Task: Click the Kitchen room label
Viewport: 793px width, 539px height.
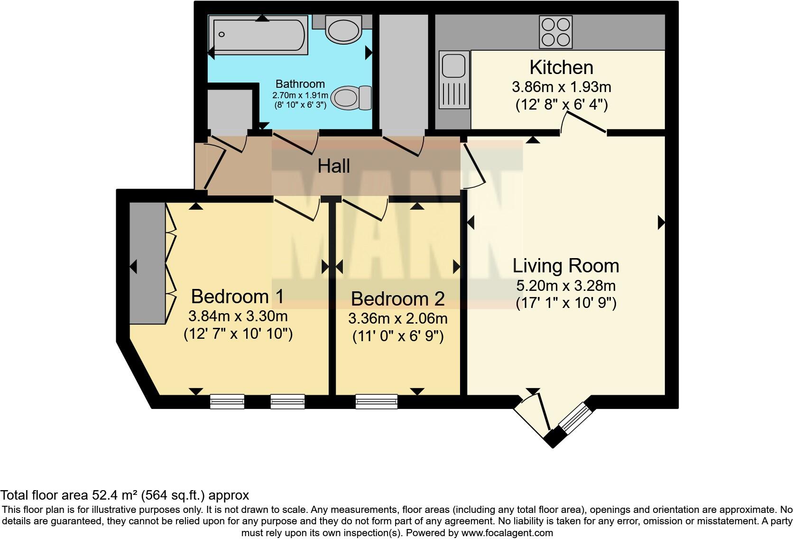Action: tap(561, 67)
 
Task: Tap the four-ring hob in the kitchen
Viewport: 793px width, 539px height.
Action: tap(555, 32)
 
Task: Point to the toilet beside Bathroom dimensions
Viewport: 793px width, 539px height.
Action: tap(351, 98)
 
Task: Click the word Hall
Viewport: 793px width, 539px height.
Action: tap(333, 166)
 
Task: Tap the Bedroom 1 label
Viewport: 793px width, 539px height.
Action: tap(237, 297)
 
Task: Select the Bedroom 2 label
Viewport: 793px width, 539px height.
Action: tap(397, 299)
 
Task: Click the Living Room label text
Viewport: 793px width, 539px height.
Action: tap(565, 266)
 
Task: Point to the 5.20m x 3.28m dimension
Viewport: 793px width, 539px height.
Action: tap(565, 286)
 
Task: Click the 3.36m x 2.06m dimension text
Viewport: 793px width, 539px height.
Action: tap(397, 318)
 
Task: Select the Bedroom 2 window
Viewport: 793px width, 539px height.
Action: tap(377, 401)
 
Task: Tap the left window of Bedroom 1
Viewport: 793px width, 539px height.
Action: tap(227, 401)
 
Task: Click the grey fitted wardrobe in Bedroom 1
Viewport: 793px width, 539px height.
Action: tap(147, 263)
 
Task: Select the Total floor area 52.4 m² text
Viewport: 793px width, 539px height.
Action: tap(124, 495)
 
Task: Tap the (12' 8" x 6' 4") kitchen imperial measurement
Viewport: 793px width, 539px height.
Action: tap(561, 104)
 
